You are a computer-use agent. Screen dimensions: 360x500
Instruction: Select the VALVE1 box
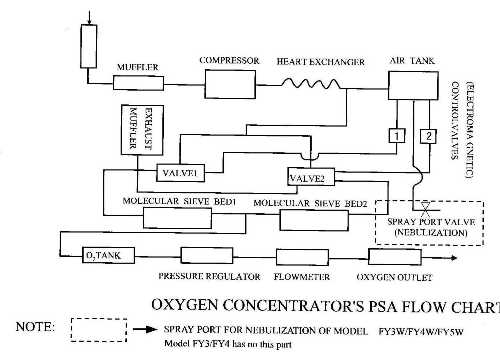(181, 172)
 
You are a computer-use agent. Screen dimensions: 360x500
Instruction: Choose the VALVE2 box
(307, 178)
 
